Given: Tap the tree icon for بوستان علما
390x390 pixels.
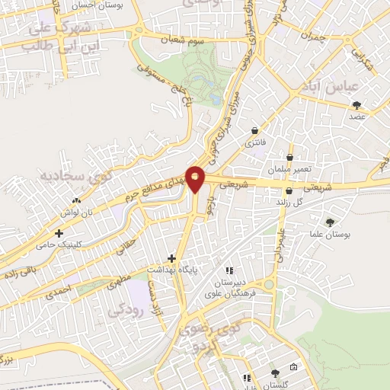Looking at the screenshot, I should click(329, 222).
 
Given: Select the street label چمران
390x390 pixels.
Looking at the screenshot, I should click(312, 37).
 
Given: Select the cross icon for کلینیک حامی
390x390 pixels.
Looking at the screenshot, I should click(59, 233).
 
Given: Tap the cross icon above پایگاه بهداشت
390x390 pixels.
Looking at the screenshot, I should click(171, 258).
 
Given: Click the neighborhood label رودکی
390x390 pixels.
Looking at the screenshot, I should click(124, 311).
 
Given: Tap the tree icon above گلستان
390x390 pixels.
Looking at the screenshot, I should click(274, 373).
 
